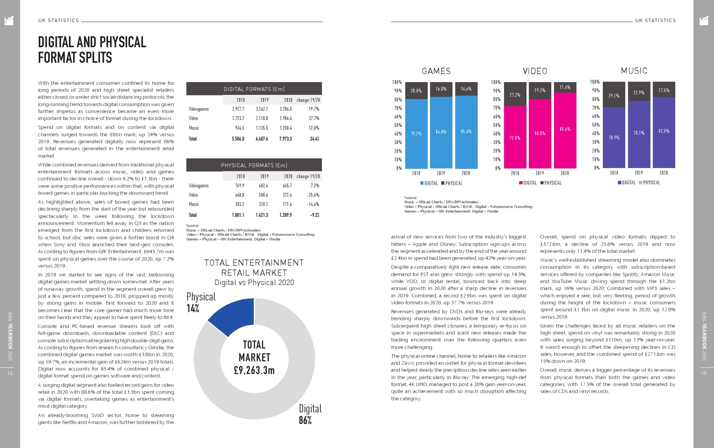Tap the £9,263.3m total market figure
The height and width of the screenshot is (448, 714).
254,371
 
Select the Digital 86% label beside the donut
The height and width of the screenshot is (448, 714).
310,414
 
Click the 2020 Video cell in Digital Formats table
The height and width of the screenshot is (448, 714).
286,118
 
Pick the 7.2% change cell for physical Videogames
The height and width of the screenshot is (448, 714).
314,186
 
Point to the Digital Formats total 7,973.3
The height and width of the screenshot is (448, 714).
285,139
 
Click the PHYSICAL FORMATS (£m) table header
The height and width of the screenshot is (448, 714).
254,165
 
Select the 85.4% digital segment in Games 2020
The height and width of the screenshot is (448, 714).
466,132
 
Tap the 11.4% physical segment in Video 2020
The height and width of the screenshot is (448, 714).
564,88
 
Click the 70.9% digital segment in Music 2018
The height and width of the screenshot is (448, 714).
614,137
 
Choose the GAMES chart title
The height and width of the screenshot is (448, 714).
436,71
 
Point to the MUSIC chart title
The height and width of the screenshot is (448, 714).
634,71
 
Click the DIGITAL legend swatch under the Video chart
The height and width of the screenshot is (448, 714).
521,183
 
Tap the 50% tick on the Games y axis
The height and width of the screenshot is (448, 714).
398,125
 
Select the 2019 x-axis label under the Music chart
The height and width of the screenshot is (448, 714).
638,173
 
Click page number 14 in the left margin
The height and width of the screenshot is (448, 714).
10,373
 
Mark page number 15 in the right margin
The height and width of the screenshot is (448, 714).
704,373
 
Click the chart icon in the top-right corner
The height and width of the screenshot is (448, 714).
704,21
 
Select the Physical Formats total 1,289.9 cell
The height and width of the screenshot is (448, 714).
285,215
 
